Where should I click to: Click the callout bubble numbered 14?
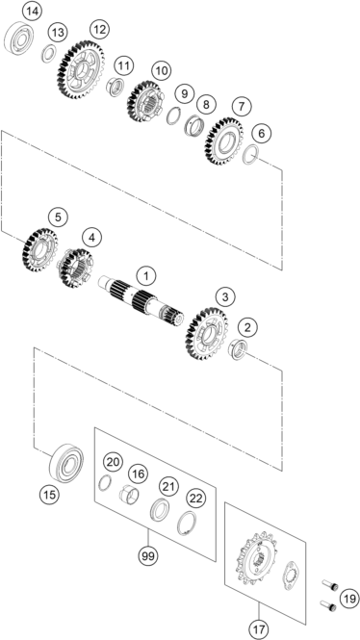pos(32,12)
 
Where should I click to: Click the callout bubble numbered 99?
pos(148,555)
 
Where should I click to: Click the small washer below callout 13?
pos(49,54)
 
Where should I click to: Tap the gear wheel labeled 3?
pos(206,334)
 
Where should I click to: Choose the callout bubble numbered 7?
pos(242,107)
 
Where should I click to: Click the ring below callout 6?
pos(250,154)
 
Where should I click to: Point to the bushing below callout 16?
pos(129,495)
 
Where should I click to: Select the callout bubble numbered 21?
pos(169,486)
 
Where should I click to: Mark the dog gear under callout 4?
pos(76,269)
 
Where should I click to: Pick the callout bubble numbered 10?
pos(161,70)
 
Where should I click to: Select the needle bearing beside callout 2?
pos(239,349)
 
